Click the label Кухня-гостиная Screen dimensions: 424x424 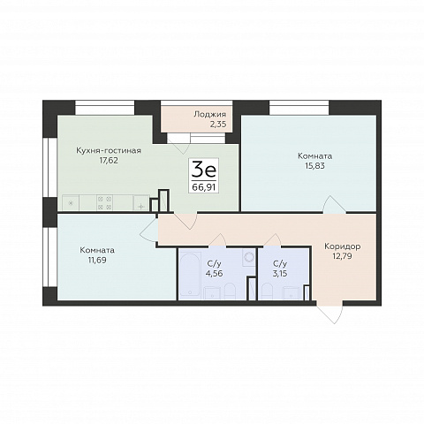coord(109,151)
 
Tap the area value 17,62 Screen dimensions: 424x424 coord(109,161)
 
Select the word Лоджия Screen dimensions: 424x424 coord(209,115)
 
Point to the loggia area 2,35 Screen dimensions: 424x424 coord(218,125)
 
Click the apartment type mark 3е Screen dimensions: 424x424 coord(204,170)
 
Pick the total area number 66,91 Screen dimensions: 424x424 coord(204,187)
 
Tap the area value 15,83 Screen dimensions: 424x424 coord(314,166)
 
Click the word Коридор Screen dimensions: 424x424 coord(342,246)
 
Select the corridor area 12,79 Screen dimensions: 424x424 coord(342,256)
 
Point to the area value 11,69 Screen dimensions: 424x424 coord(97,261)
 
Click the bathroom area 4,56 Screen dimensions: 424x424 coord(214,273)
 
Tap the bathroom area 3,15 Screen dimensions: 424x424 coord(280,274)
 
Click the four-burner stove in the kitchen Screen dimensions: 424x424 coord(105,202)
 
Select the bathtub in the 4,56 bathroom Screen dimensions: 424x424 coord(190,275)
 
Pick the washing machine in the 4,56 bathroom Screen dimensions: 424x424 coord(249,258)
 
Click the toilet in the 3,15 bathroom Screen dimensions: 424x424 coord(268,291)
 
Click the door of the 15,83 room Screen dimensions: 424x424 coord(334,204)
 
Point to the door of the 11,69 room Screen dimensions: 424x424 coord(149,230)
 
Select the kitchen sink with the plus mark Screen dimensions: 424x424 coord(141,203)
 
